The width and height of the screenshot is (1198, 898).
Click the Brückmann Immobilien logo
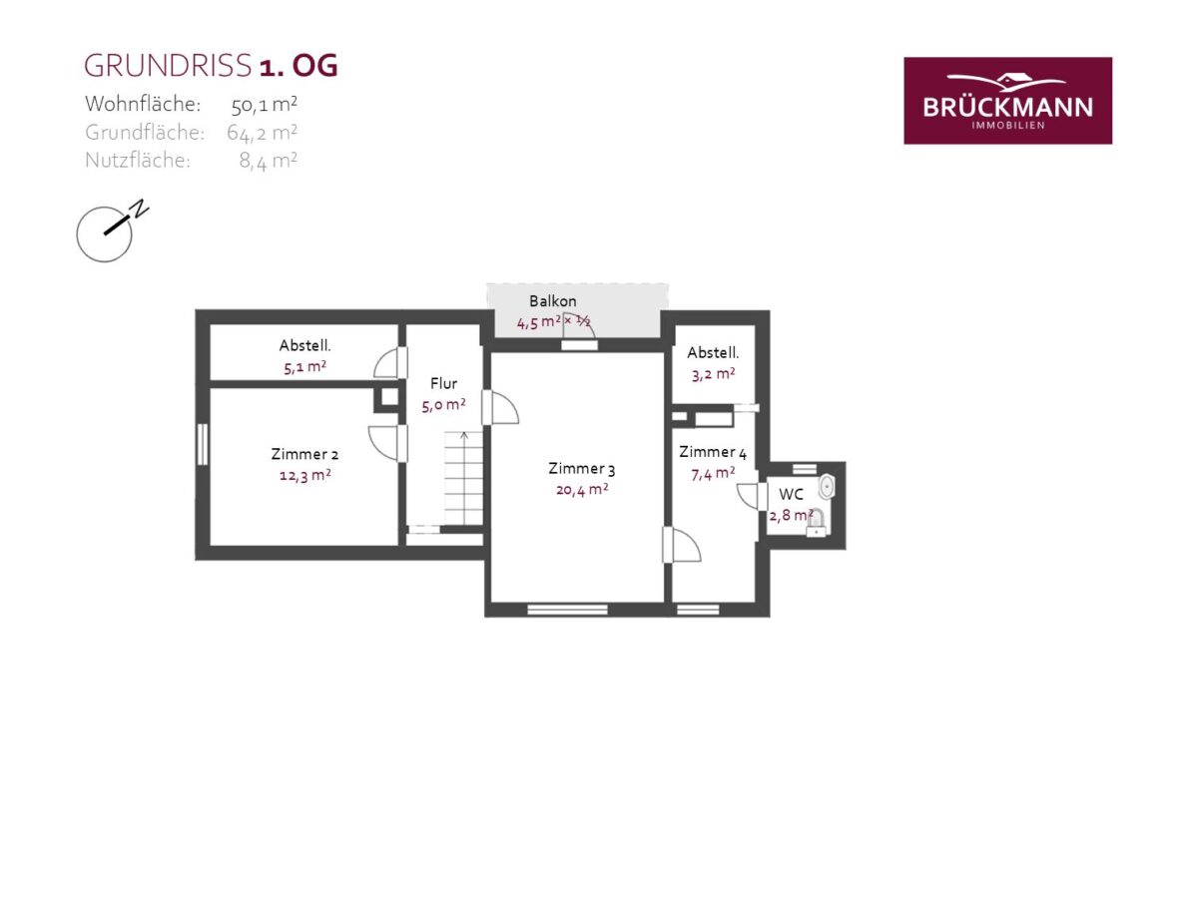click(x=1007, y=101)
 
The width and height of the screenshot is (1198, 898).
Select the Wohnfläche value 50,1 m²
click(x=265, y=105)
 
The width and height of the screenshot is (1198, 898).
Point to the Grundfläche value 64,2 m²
click(x=262, y=133)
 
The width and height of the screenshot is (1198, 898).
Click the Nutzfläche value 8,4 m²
click(x=268, y=161)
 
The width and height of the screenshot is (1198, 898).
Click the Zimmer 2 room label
click(x=304, y=454)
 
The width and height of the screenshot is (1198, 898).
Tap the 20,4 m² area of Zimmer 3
click(x=582, y=490)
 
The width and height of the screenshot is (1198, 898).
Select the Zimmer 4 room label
click(x=713, y=452)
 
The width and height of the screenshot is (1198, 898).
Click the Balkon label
click(x=552, y=301)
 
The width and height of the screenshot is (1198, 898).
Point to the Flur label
click(x=443, y=384)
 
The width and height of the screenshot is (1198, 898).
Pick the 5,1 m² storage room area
click(x=304, y=367)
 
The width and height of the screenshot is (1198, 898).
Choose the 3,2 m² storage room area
click(x=713, y=374)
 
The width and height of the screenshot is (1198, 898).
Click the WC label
click(x=791, y=495)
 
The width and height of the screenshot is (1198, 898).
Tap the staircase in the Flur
click(x=463, y=478)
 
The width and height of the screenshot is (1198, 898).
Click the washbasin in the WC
click(x=827, y=486)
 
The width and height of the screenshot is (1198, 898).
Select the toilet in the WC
click(x=816, y=523)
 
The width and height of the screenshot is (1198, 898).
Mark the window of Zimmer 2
click(x=203, y=444)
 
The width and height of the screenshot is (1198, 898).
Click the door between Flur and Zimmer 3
click(x=499, y=407)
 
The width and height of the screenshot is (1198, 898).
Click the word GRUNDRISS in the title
click(x=168, y=66)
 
